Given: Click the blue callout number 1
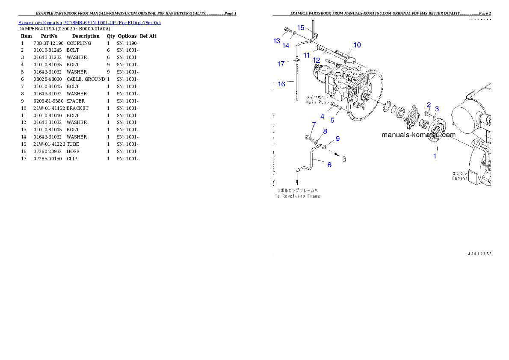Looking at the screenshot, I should (x=435, y=156).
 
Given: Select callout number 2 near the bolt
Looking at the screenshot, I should (x=429, y=105).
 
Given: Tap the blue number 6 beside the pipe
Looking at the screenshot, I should (x=329, y=165).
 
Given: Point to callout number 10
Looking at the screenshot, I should (x=357, y=45).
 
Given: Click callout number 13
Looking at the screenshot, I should (x=277, y=41).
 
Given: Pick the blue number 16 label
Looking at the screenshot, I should (x=281, y=84).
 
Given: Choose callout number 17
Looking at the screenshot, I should (x=281, y=64).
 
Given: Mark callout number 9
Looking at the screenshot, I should (x=337, y=139).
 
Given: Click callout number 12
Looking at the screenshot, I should (x=317, y=60).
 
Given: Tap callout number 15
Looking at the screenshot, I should (x=301, y=28).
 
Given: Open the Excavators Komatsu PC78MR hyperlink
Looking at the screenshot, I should (x=89, y=23).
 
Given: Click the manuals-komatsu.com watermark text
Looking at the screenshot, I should (x=418, y=135).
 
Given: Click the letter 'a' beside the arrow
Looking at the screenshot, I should (x=343, y=159).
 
